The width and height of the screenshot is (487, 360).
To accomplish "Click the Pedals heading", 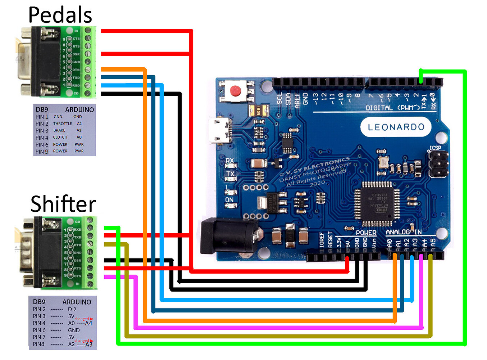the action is [x=60, y=15].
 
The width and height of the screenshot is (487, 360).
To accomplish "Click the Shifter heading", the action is [x=63, y=204].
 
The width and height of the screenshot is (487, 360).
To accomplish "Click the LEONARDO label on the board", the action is [x=396, y=127].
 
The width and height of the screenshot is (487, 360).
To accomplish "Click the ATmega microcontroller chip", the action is [x=377, y=204].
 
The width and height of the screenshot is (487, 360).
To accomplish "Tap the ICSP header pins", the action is [x=438, y=164].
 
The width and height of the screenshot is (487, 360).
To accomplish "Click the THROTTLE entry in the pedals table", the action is [x=63, y=123].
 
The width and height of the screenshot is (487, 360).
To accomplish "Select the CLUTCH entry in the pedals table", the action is [x=60, y=137].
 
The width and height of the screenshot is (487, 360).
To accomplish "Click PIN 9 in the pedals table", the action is [x=42, y=152].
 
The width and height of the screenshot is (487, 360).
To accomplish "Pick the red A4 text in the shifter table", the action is [x=88, y=323].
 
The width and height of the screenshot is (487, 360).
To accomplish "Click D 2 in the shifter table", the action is [x=72, y=309].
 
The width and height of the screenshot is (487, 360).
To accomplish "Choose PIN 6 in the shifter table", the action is [x=39, y=330].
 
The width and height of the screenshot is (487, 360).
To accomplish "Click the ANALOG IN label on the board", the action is [x=404, y=232].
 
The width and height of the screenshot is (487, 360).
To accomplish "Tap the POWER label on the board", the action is [x=366, y=233].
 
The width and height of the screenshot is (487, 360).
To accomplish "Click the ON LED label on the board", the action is [x=229, y=200].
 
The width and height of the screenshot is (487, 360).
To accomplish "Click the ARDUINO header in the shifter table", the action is [x=77, y=302].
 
